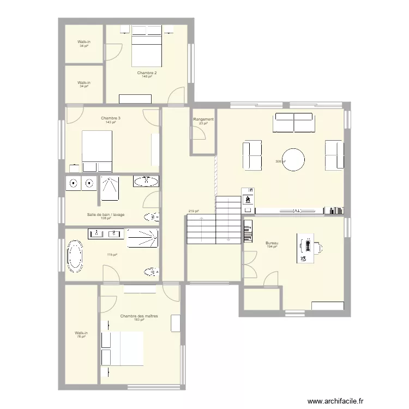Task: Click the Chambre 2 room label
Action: (x=147, y=73)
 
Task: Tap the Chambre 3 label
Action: (x=111, y=118)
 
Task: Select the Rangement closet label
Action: (x=203, y=119)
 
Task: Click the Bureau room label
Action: (x=272, y=243)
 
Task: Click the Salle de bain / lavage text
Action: (x=106, y=214)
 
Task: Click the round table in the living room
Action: (x=293, y=160)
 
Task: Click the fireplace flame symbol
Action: (x=248, y=199)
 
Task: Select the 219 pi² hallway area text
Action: (x=193, y=211)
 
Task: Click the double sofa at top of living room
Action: (x=294, y=123)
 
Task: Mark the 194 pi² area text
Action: (x=272, y=246)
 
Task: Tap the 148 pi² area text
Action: (x=147, y=76)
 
